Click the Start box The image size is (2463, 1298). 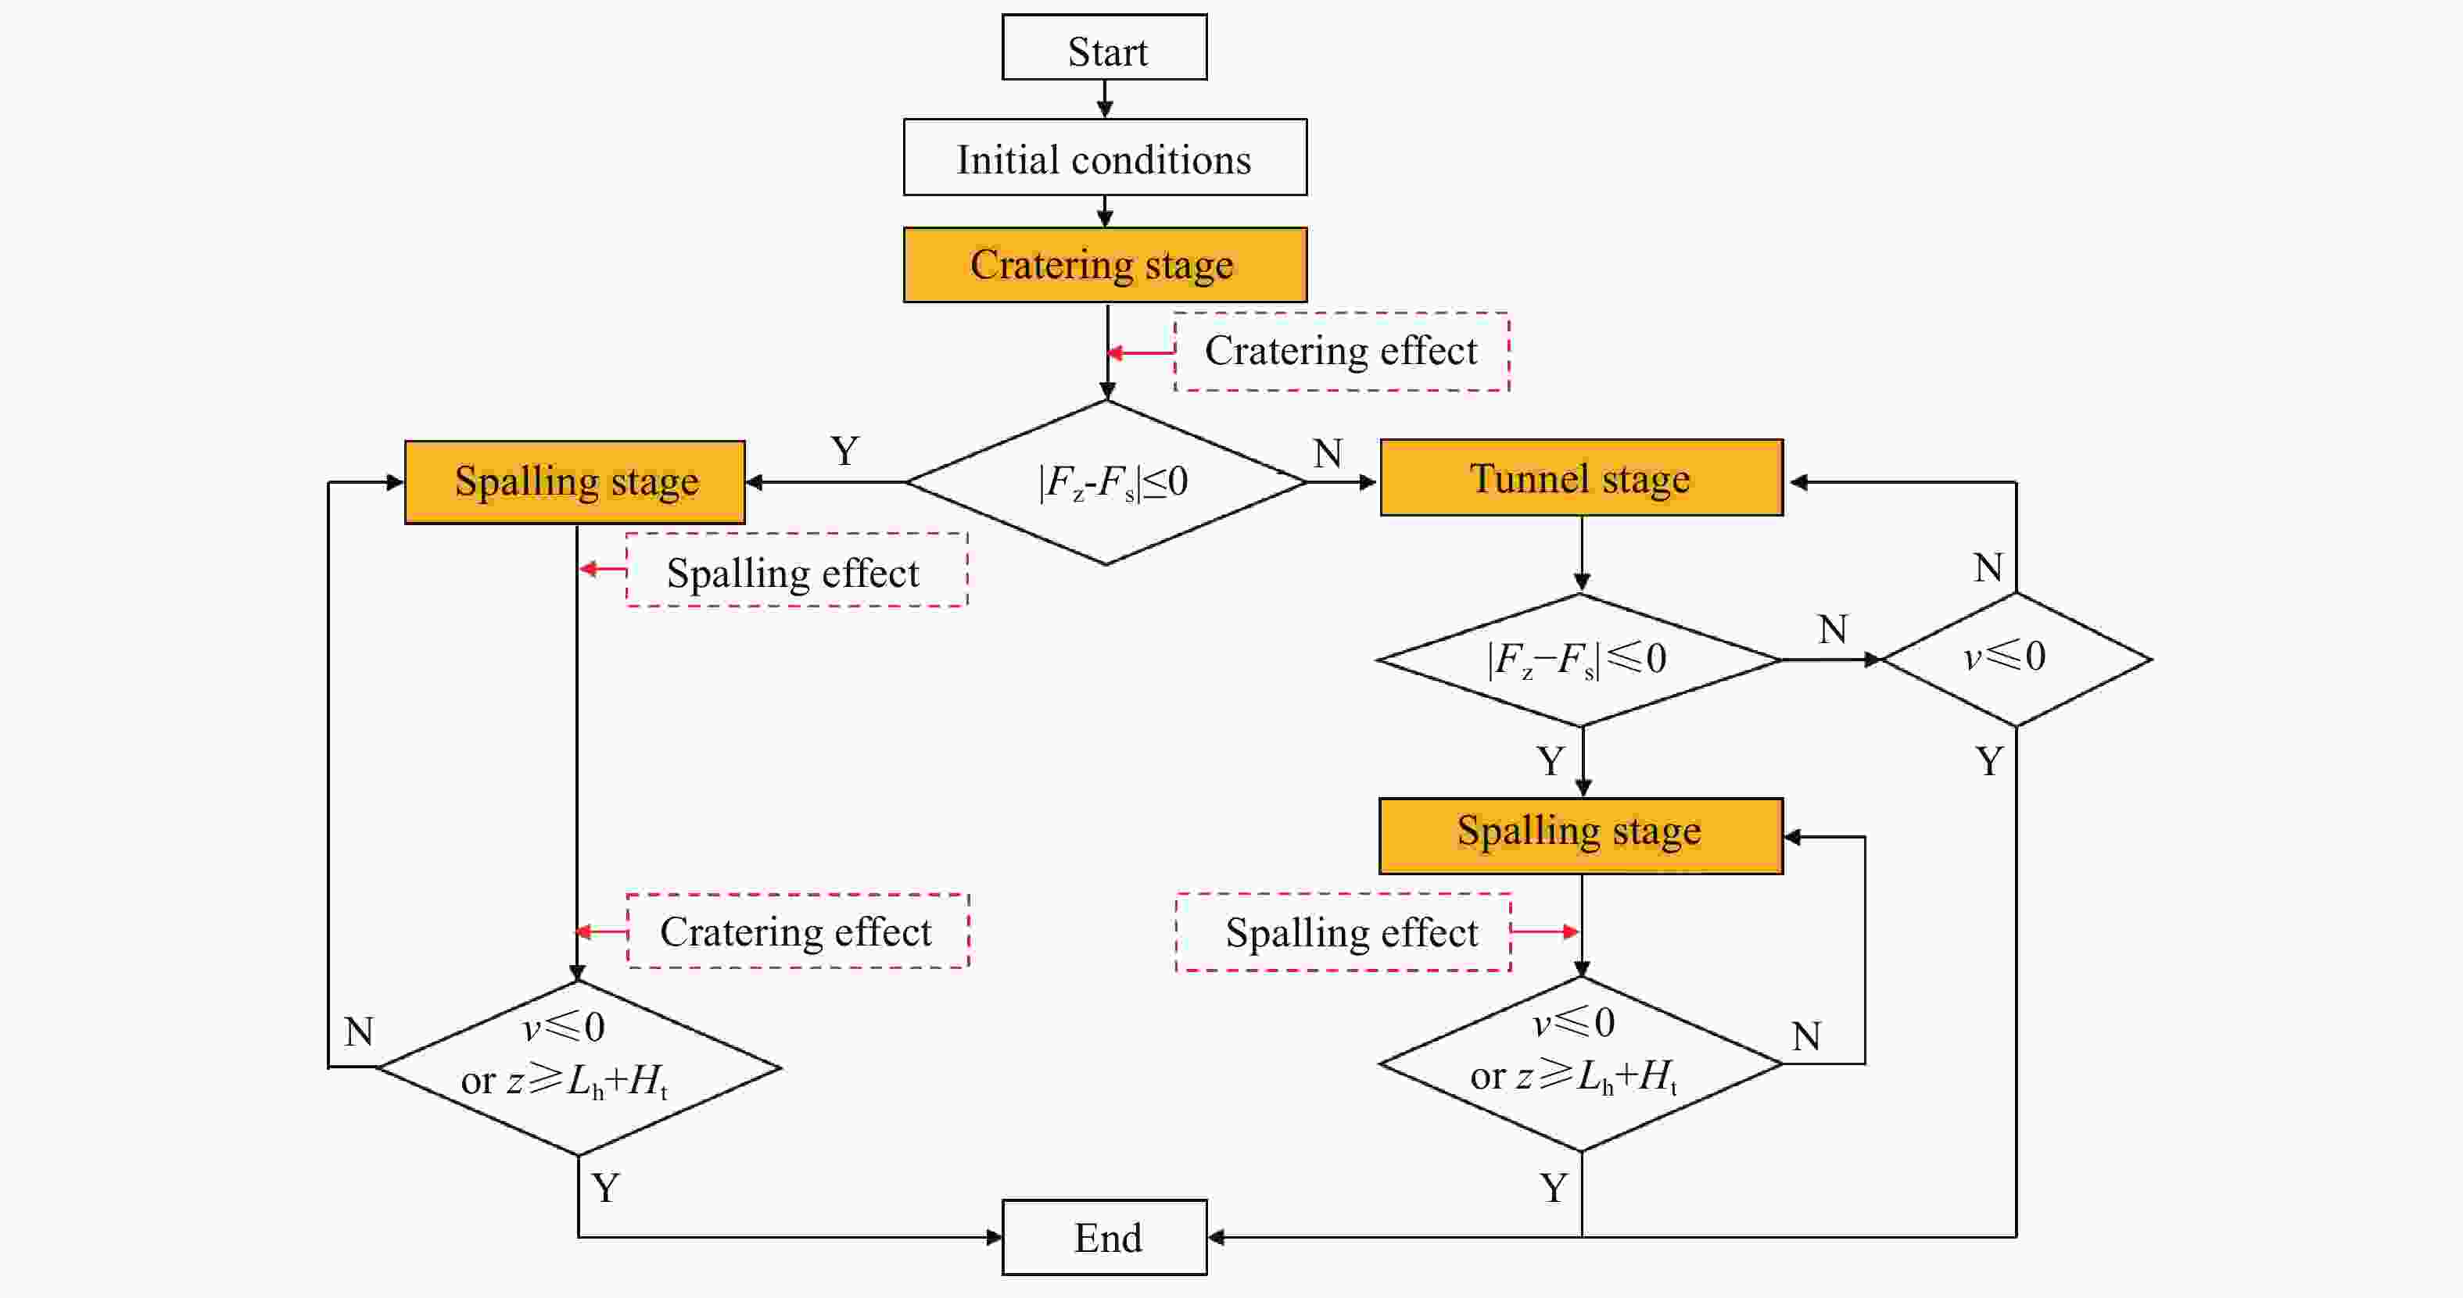tap(1104, 47)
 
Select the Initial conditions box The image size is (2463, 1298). tap(1104, 158)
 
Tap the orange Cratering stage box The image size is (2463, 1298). tap(1104, 265)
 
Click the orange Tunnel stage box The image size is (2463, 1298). tap(1582, 478)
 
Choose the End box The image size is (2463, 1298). tap(1104, 1237)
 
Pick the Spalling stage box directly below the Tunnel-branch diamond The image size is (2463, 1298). tap(1582, 836)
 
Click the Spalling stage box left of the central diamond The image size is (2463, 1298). tap(575, 481)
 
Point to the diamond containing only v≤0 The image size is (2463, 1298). tap(2017, 660)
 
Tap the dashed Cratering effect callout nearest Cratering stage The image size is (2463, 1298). tap(1342, 352)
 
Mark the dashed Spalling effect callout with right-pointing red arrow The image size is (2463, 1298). tap(1343, 932)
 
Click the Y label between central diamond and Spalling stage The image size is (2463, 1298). tap(844, 451)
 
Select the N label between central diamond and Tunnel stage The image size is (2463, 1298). tap(1327, 454)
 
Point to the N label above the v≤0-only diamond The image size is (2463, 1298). tap(1988, 569)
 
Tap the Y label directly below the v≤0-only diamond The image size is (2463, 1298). tap(1988, 762)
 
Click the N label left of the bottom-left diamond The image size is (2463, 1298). tap(359, 1032)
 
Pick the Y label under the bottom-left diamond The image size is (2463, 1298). tap(605, 1188)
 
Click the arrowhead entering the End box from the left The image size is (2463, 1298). tap(995, 1237)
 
